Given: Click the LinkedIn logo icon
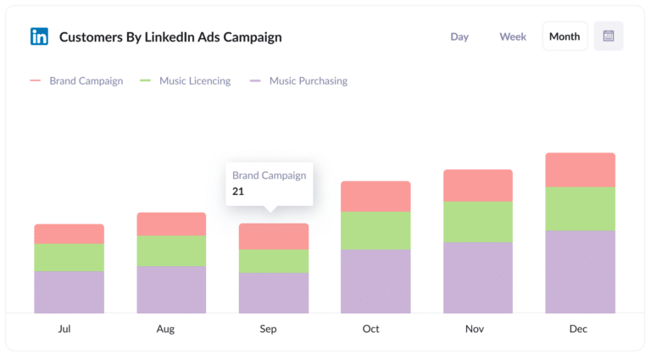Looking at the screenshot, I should pos(39,36).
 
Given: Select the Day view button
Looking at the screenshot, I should pos(459,36).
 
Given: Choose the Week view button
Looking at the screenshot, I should pos(513,36).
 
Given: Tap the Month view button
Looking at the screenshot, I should pos(565,36).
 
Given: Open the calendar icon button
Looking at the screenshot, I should pos(609,36).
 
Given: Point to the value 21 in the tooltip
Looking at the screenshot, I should pos(238,191).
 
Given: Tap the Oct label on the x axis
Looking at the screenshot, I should pos(371,329).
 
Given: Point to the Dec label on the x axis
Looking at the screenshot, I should pos(579,329).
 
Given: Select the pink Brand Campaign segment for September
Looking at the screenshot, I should pos(274,236).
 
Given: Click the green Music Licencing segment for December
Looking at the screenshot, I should pos(580,208).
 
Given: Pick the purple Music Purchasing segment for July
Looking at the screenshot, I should pos(69,292).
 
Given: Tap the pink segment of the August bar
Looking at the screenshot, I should pos(171,224).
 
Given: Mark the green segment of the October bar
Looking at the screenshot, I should pos(376,230).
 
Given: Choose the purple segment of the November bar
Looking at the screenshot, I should pos(478,278).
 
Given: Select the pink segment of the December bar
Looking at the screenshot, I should pos(580,169).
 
